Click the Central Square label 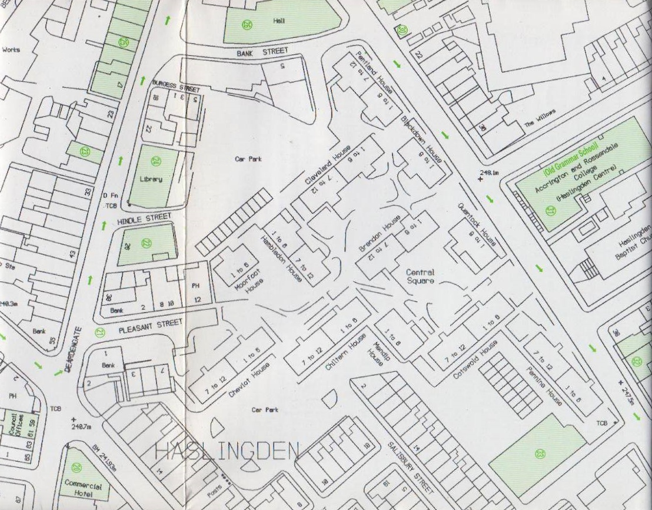420,276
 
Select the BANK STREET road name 262,52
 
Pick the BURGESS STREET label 176,86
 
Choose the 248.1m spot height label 489,173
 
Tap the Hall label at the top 278,21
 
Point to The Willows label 539,120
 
